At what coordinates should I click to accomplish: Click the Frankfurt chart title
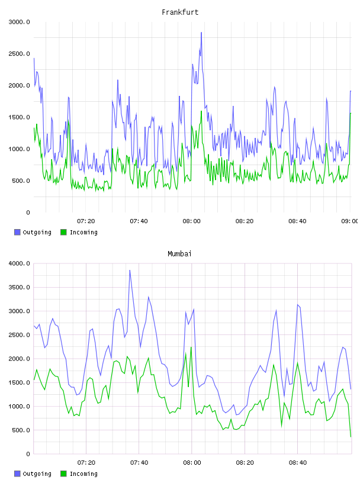tap(180, 12)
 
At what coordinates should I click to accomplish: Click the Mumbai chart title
tap(179, 254)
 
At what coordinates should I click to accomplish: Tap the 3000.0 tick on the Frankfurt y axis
tap(20, 22)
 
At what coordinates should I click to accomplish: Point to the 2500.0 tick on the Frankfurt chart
tap(20, 54)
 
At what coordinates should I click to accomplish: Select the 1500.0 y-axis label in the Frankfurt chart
tap(20, 117)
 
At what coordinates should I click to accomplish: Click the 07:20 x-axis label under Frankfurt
tap(86, 221)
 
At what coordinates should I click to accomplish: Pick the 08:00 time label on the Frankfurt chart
tap(191, 221)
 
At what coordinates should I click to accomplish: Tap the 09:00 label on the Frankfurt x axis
tap(349, 221)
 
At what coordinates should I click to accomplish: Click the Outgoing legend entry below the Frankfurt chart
tap(33, 232)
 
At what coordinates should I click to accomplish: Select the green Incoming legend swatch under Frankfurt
tap(63, 232)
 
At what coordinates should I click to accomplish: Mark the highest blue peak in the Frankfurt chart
tap(201, 33)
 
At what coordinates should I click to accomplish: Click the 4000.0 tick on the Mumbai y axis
tap(20, 263)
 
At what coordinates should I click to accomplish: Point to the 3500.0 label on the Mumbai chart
tap(20, 288)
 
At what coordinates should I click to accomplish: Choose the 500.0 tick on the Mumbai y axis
tap(21, 430)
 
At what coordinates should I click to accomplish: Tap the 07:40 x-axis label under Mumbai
tap(139, 463)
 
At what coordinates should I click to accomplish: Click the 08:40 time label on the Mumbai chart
tap(298, 463)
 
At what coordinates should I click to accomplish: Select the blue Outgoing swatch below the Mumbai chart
tap(17, 474)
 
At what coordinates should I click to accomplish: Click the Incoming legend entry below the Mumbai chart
tap(79, 474)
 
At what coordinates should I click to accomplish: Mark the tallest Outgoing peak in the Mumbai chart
tap(130, 271)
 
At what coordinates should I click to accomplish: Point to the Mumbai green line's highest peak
tap(191, 347)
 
